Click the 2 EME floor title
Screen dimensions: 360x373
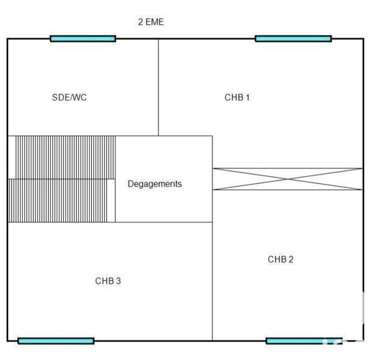(151, 22)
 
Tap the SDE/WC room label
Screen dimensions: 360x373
(69, 98)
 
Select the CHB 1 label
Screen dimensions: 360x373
(237, 97)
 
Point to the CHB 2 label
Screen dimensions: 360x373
(281, 259)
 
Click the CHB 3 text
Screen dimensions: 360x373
(108, 281)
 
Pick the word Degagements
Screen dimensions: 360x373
(155, 184)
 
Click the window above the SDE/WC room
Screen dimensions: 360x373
(83, 39)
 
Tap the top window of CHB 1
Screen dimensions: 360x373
(293, 39)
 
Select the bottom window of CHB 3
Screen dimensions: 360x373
(56, 341)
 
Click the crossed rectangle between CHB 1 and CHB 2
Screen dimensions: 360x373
(287, 179)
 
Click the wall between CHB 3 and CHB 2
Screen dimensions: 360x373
(213, 280)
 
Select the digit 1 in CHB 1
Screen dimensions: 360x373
(248, 97)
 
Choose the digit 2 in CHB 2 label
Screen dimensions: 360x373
(291, 259)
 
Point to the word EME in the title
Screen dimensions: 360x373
(155, 22)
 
